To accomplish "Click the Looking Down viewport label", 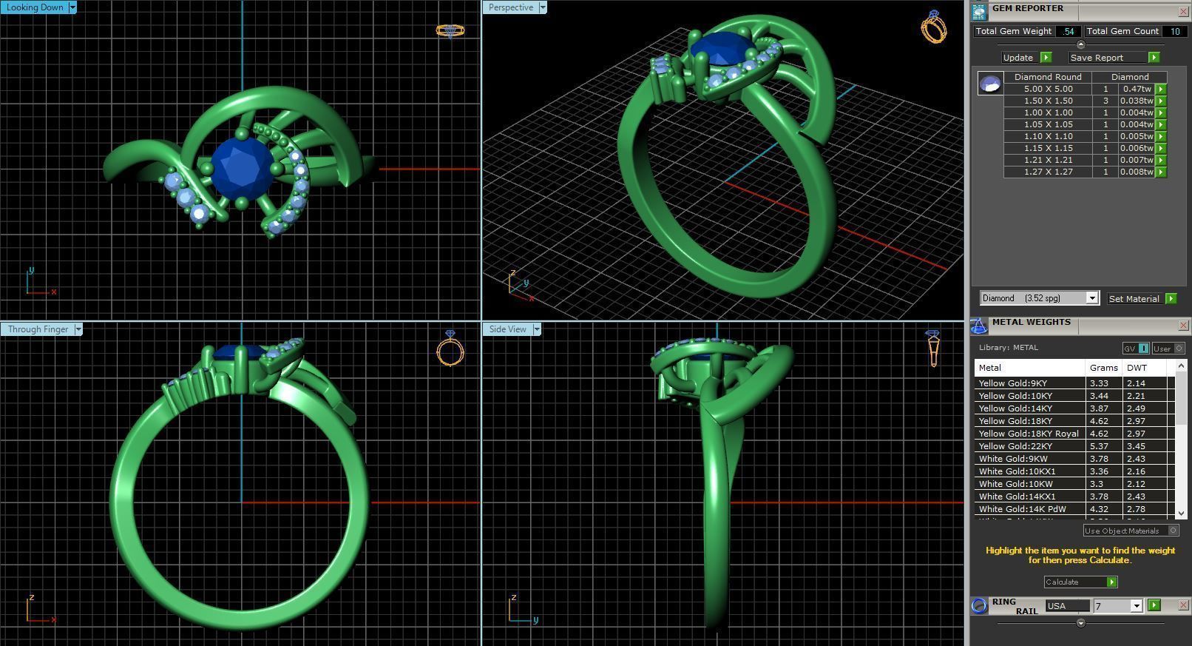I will pyautogui.click(x=35, y=7).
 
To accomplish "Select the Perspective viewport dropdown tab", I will pyautogui.click(x=511, y=7).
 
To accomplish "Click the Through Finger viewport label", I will pyautogui.click(x=38, y=329).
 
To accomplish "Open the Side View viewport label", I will pyautogui.click(x=508, y=329).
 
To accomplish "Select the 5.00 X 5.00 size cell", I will pyautogui.click(x=1048, y=89).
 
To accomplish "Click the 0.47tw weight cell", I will pyautogui.click(x=1137, y=89).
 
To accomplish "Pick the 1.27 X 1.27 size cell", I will pyautogui.click(x=1048, y=172).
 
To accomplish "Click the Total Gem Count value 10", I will pyautogui.click(x=1174, y=31).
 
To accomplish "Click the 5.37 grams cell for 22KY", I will pyautogui.click(x=1100, y=446).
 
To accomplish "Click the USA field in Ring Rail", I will pyautogui.click(x=1066, y=606).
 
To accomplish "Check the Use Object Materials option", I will pyautogui.click(x=1173, y=531).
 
